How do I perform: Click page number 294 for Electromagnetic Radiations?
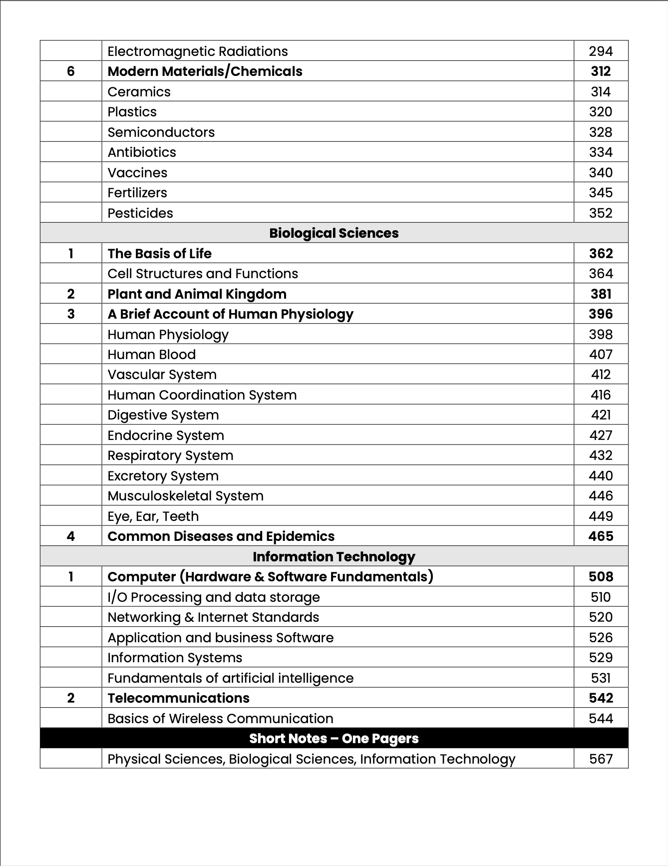pyautogui.click(x=600, y=51)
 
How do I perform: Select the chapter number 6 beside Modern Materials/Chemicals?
pyautogui.click(x=71, y=71)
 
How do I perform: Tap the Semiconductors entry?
pyautogui.click(x=161, y=132)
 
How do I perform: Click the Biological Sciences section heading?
pyautogui.click(x=334, y=233)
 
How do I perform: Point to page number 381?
pyautogui.click(x=600, y=294)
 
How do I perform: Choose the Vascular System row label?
pyautogui.click(x=162, y=375)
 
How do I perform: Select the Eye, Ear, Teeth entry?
pyautogui.click(x=153, y=516)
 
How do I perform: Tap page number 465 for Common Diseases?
pyautogui.click(x=600, y=536)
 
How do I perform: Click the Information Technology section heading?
pyautogui.click(x=334, y=557)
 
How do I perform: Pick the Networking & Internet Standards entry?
pyautogui.click(x=213, y=617)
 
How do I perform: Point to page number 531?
pyautogui.click(x=600, y=678)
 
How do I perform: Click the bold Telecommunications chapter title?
pyautogui.click(x=178, y=698)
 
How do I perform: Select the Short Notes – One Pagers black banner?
pyautogui.click(x=334, y=739)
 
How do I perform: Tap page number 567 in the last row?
pyautogui.click(x=600, y=759)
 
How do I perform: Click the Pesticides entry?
pyautogui.click(x=140, y=213)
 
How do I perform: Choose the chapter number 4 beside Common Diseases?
pyautogui.click(x=71, y=536)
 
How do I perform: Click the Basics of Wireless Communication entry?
pyautogui.click(x=220, y=719)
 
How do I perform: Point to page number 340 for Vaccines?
pyautogui.click(x=600, y=173)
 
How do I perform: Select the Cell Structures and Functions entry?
pyautogui.click(x=203, y=274)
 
